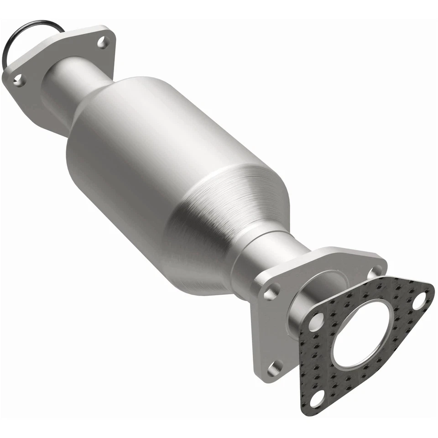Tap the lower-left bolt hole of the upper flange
[18, 81]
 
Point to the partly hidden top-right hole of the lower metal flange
[375, 272]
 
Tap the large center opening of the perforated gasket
[360, 333]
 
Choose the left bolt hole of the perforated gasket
[316, 323]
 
